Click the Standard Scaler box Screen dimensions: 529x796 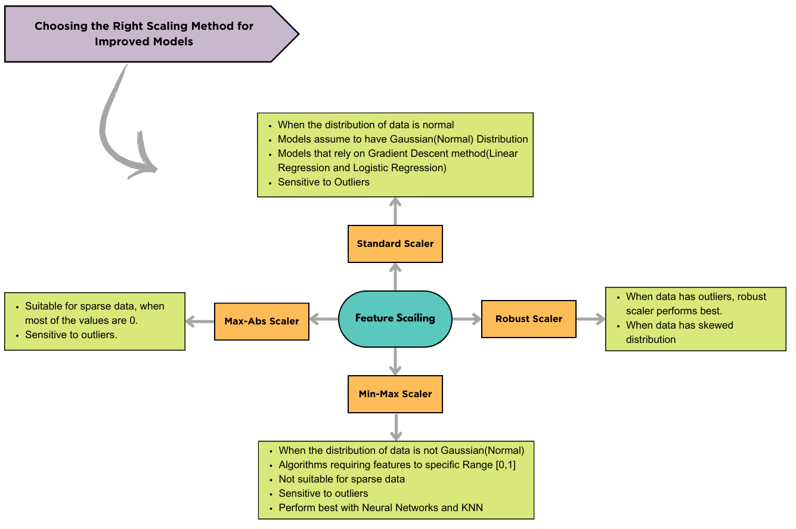395,244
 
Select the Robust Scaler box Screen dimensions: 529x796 528,319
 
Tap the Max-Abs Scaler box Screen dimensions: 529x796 262,321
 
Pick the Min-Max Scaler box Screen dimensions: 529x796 395,394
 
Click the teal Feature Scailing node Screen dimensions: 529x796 395,318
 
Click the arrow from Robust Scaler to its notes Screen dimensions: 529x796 590,319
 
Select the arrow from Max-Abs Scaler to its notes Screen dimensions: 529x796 200,321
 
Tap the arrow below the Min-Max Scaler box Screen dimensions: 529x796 395,426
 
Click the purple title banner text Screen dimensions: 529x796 144,34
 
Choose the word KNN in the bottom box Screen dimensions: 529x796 471,508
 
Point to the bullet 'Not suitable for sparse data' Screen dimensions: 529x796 342,479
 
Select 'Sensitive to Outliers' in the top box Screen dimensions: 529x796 323,182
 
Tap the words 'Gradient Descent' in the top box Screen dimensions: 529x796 405,154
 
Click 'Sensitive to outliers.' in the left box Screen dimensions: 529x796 71,335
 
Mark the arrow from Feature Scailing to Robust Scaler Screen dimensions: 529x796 466,319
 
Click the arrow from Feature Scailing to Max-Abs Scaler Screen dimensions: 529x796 323,320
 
